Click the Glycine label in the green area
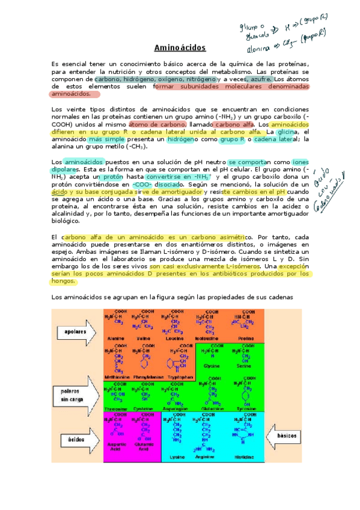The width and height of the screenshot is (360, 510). [x=212, y=366]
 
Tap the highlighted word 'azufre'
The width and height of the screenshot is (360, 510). [x=261, y=79]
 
